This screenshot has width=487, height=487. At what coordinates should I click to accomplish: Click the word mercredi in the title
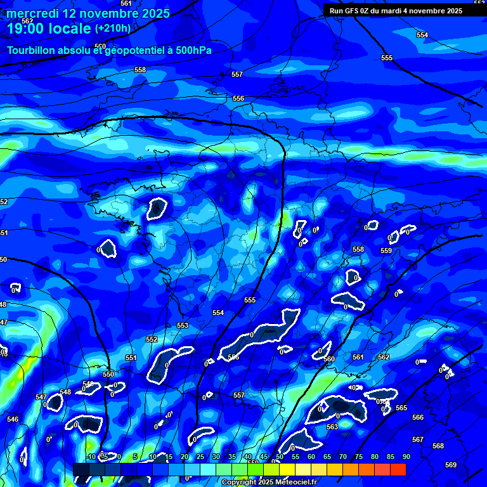click(33, 13)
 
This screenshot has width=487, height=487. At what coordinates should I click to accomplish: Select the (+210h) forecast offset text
click(113, 29)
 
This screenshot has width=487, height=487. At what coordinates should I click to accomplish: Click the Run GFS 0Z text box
click(396, 10)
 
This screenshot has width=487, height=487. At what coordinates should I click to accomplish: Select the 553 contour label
click(183, 325)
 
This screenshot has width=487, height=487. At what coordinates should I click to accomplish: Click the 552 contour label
click(152, 340)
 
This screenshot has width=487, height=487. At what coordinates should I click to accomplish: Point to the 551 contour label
click(131, 358)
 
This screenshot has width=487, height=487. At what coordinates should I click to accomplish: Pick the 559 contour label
click(386, 251)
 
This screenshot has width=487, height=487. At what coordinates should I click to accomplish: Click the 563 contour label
click(332, 427)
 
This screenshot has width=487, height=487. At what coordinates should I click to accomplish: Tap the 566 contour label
click(418, 417)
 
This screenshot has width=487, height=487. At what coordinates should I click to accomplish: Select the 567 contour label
click(418, 439)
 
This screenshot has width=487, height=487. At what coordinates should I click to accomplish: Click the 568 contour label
click(438, 446)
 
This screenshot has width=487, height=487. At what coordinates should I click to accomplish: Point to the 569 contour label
click(451, 465)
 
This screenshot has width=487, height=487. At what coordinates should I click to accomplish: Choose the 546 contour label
click(13, 419)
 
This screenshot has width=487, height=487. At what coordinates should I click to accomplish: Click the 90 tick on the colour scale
click(406, 457)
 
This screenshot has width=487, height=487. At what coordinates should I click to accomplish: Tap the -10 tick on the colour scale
click(91, 457)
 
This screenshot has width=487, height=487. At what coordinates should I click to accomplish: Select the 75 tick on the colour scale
click(359, 457)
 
